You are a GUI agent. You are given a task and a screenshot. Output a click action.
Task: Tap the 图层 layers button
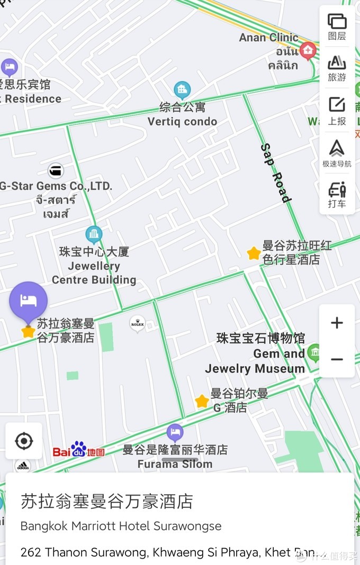click(337, 27)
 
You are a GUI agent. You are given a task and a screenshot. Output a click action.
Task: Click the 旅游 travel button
click(337, 68)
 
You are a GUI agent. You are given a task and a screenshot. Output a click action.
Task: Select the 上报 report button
click(337, 111)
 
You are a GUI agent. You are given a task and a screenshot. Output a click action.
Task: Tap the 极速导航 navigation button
click(337, 153)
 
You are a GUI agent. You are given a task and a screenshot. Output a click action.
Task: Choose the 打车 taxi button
click(337, 195)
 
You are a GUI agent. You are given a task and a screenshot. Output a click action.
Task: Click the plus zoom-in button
click(337, 323)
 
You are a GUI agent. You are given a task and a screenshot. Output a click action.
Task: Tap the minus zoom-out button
click(337, 359)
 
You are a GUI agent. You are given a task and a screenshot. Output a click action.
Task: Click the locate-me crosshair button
click(24, 441)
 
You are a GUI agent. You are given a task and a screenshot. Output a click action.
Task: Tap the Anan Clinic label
click(269, 38)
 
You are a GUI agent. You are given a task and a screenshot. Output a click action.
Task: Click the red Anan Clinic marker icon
click(308, 51)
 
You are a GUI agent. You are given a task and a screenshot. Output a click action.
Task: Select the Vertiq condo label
click(182, 121)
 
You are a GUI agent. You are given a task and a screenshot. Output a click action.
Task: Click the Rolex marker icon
click(138, 324)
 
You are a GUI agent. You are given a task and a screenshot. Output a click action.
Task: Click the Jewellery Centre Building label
click(94, 266)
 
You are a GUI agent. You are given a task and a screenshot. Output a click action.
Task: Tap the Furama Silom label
click(175, 464)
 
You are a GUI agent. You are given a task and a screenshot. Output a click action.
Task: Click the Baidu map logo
click(78, 450)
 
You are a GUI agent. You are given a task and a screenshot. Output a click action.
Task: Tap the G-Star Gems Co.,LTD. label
click(56, 186)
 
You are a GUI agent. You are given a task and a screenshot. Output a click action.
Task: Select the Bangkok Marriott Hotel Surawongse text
click(121, 526)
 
